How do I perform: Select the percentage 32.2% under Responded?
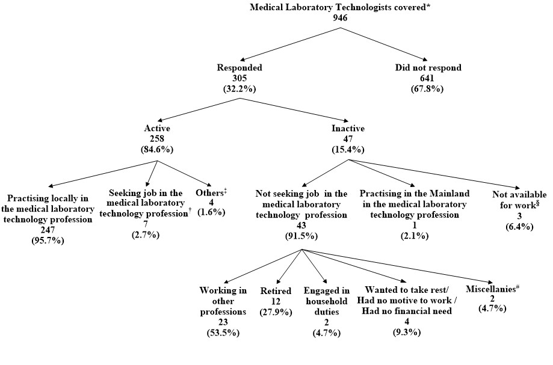242,88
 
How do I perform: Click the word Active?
157,128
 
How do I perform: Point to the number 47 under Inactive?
348,138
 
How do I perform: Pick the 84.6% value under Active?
157,149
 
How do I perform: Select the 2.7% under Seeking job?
146,235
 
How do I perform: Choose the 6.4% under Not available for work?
519,225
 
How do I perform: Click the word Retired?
276,290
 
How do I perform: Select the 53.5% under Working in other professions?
223,333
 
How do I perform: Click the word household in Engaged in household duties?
324,301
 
